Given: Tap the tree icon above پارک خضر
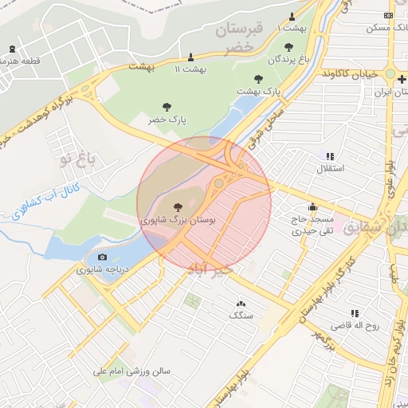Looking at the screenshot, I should pos(167,107).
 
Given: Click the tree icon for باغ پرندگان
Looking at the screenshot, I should pos(288,47).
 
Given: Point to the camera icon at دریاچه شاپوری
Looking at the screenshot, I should pos(102,257).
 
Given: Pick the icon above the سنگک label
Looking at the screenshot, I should pos(241,304).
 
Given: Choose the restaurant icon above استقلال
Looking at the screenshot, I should pos(331,156).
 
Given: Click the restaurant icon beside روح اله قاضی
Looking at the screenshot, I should pos(355,313).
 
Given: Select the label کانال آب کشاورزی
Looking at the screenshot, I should pos(37,206).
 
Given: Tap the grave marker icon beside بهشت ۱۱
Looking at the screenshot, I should pos(190,57).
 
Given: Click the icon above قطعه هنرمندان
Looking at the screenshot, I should pos(11,49).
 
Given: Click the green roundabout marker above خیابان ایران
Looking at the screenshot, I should pos(390,76).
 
